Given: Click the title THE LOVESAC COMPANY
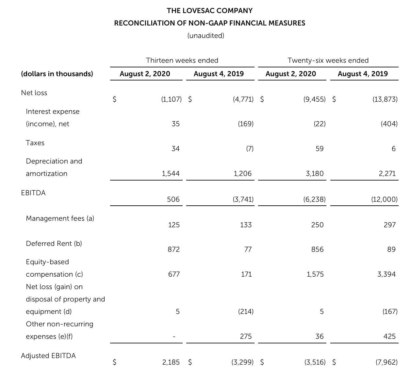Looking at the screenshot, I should pyautogui.click(x=209, y=11).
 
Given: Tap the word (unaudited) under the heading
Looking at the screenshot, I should pyautogui.click(x=206, y=35).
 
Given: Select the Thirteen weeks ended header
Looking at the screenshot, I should pyautogui.click(x=182, y=60).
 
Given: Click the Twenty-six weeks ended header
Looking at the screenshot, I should pyautogui.click(x=328, y=60).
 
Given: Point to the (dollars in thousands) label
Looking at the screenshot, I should pyautogui.click(x=57, y=74).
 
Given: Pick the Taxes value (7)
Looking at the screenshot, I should pyautogui.click(x=249, y=149).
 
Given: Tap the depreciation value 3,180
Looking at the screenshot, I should pyautogui.click(x=315, y=174).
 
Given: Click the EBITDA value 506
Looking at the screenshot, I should pyautogui.click(x=173, y=199).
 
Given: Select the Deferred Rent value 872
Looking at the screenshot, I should pyautogui.click(x=174, y=250).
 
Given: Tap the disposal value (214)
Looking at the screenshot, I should pyautogui.click(x=246, y=312).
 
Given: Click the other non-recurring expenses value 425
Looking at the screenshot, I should pyautogui.click(x=389, y=337).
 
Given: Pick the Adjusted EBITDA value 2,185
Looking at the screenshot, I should pyautogui.click(x=171, y=362).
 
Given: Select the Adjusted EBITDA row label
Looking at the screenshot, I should pyautogui.click(x=48, y=356).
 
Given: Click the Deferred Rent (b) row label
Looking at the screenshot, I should pyautogui.click(x=54, y=244).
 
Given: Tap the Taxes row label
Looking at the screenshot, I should pyautogui.click(x=35, y=143).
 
